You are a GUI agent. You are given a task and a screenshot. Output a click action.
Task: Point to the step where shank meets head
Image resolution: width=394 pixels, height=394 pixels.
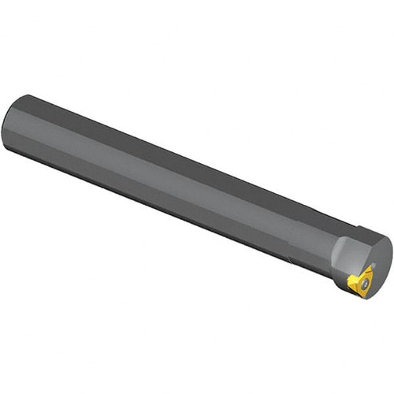coord(295,229)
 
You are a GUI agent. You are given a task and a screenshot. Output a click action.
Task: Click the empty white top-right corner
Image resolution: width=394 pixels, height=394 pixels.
coord(370,24)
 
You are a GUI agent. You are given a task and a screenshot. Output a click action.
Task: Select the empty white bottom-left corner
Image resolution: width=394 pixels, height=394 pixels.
coord(24,370)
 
